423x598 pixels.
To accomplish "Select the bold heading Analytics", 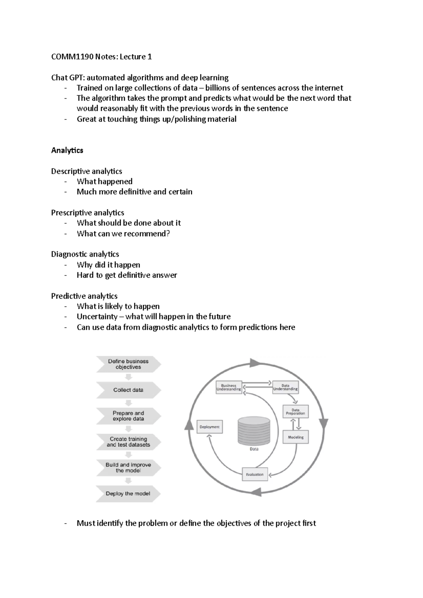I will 67,150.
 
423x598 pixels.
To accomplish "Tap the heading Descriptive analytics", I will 86,171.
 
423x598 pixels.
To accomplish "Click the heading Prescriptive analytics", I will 87,213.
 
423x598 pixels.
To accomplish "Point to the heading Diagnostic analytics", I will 85,254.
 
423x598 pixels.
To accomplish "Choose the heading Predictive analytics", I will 84,296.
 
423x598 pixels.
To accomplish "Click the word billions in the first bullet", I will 219,88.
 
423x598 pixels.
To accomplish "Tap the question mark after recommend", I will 168,233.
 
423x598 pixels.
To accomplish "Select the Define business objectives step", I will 128,364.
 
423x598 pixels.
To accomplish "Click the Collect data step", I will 128,390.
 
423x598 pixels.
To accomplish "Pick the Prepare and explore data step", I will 128,416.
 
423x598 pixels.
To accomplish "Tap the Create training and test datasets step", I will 128,442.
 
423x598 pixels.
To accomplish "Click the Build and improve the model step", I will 128,468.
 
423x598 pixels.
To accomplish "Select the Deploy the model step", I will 128,494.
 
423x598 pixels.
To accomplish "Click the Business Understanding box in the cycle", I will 228,387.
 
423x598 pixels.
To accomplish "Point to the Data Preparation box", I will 295,412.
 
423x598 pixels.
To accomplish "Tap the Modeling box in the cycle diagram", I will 296,437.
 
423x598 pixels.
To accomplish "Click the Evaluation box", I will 255,474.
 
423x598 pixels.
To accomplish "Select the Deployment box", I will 209,427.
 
